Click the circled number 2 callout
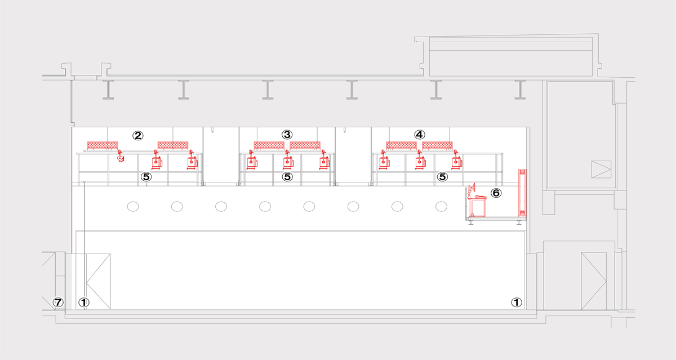click(138, 136)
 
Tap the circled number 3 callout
click(287, 135)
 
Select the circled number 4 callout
click(420, 135)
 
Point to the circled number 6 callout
click(496, 193)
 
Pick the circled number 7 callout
click(58, 302)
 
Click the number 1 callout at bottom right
click(517, 303)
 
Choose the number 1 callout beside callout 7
click(84, 303)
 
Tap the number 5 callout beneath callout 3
click(287, 177)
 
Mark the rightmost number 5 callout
click(442, 177)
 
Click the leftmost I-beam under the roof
click(108, 90)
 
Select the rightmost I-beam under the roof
click(520, 90)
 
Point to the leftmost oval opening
click(133, 207)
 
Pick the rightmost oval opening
click(441, 207)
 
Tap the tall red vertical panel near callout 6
click(522, 193)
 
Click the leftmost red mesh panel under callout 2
click(103, 146)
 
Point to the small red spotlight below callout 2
click(121, 156)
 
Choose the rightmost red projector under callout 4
click(457, 160)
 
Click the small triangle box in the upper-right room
click(601, 169)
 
